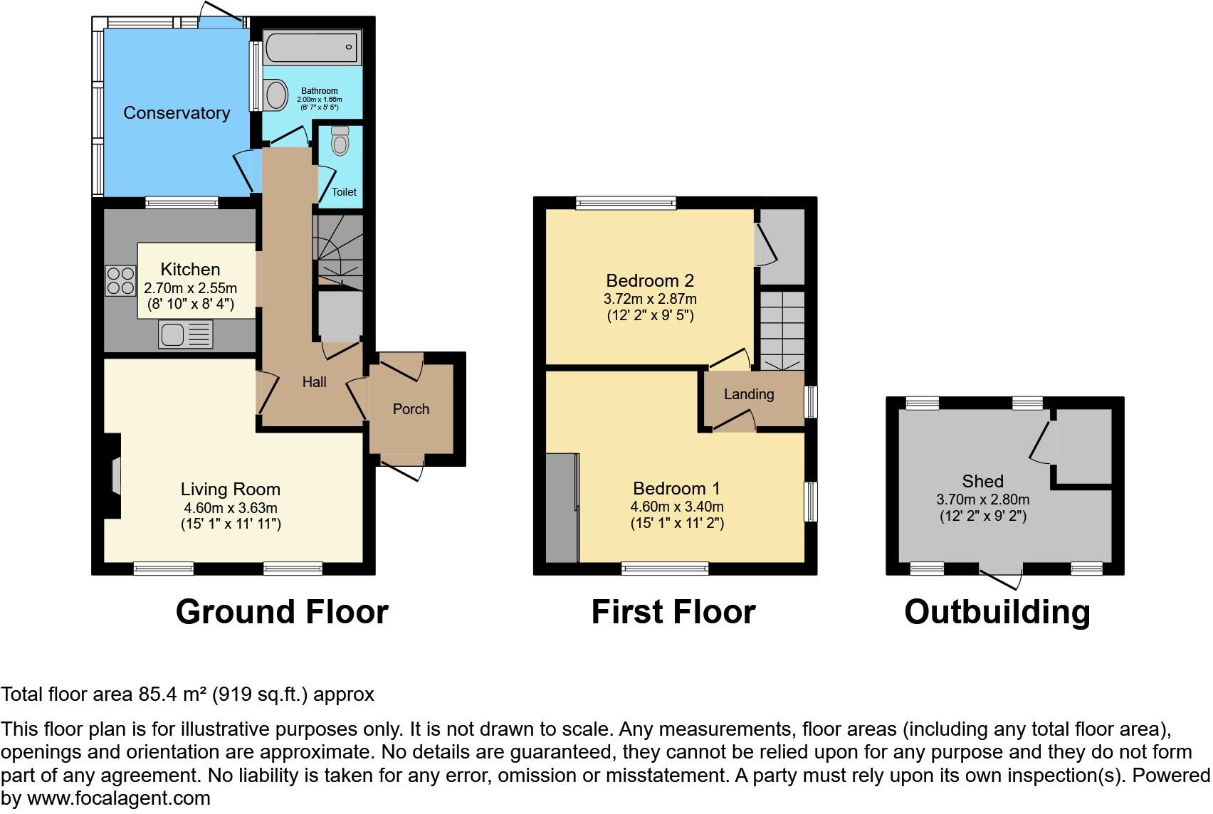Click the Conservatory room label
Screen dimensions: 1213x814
tap(177, 112)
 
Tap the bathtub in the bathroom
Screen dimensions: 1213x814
tap(312, 47)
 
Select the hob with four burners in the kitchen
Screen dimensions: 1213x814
tap(120, 281)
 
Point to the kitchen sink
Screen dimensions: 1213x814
tap(186, 334)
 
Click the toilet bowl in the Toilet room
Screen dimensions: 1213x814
tap(340, 141)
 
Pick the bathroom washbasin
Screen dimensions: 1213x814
tap(276, 95)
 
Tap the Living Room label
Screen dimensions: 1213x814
tap(230, 490)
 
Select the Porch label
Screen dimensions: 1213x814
tap(411, 409)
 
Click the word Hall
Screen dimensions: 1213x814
tap(314, 382)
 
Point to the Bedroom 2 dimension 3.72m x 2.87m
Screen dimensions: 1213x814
tap(650, 299)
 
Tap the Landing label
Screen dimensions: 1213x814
tap(749, 394)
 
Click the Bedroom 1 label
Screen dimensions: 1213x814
tap(676, 489)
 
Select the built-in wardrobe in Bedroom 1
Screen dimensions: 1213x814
tap(562, 507)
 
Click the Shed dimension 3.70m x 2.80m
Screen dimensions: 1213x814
tap(983, 499)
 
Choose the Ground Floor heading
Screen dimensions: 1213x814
tap(282, 612)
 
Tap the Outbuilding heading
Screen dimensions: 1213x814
tap(997, 613)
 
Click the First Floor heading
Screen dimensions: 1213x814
tap(673, 612)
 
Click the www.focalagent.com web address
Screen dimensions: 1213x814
tap(119, 798)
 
